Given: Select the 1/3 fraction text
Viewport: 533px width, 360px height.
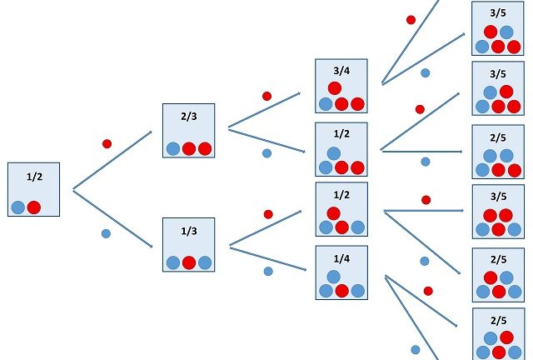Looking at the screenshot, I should (189, 231).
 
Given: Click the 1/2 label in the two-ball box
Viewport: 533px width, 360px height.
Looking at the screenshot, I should (34, 177).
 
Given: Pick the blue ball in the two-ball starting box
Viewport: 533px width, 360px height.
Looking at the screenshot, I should (18, 207).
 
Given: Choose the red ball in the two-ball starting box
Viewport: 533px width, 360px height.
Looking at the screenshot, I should (34, 207).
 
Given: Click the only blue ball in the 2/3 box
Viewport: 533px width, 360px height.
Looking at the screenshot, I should (173, 148).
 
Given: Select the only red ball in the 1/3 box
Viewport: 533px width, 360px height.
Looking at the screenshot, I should (189, 262).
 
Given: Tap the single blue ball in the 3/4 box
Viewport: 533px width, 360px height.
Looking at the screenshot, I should (326, 104).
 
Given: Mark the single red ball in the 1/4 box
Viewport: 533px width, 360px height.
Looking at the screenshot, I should (341, 291).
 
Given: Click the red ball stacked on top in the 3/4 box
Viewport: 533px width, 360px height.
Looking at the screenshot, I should (335, 88).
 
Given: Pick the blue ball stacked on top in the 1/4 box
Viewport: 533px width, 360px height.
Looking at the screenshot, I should (334, 276).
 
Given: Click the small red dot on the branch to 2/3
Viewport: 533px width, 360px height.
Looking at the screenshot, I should (107, 144).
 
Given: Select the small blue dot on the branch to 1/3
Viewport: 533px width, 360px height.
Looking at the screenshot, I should (106, 233).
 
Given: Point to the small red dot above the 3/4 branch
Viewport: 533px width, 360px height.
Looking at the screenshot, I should (266, 96).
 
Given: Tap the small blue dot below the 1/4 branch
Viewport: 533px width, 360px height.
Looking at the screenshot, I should (268, 271).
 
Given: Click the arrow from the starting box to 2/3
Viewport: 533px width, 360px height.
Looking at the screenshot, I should (112, 161).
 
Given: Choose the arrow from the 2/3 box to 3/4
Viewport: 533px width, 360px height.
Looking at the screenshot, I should (264, 110).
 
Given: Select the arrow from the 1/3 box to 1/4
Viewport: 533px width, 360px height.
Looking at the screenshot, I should (266, 257).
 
